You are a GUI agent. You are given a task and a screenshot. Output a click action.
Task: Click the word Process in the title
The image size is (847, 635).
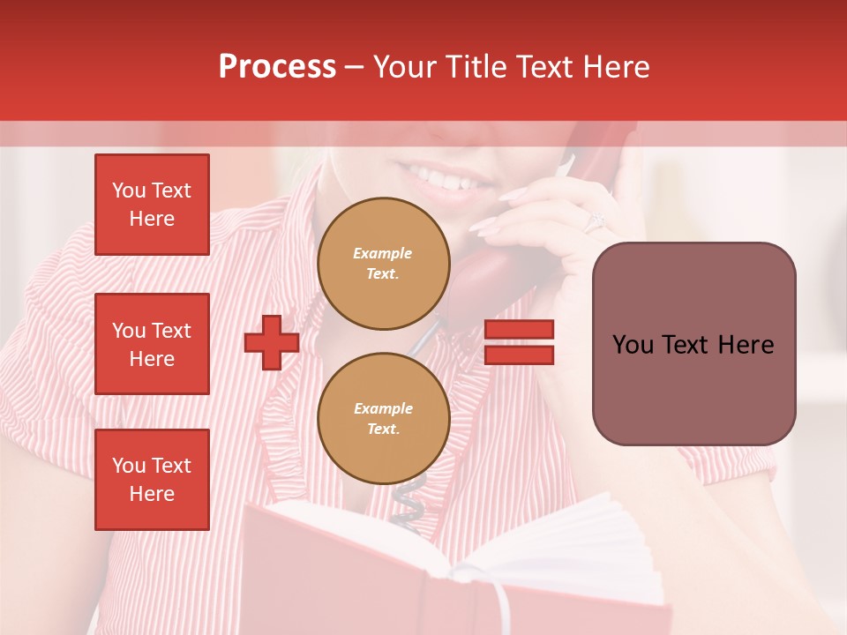277,67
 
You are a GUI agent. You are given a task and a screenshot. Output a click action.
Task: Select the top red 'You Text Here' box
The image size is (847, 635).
152,205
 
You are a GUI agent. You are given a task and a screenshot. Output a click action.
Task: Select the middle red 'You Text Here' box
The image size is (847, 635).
152,344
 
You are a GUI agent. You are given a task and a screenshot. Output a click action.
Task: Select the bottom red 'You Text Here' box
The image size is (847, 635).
152,479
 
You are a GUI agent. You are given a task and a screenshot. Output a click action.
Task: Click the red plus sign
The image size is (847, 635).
272,342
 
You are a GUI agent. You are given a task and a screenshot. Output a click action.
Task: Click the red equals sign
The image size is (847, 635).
520,342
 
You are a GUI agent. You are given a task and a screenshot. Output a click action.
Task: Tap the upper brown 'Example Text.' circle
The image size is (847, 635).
383,263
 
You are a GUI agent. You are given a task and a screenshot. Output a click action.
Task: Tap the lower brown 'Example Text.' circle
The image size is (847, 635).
383,418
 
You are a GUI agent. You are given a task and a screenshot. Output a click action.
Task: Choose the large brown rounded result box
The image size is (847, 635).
693,344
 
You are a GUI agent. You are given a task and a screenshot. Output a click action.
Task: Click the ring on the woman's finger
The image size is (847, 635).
594,220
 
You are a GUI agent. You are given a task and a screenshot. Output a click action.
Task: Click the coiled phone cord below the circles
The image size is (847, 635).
408,503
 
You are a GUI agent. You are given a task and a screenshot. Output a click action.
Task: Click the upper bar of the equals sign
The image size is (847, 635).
520,330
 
